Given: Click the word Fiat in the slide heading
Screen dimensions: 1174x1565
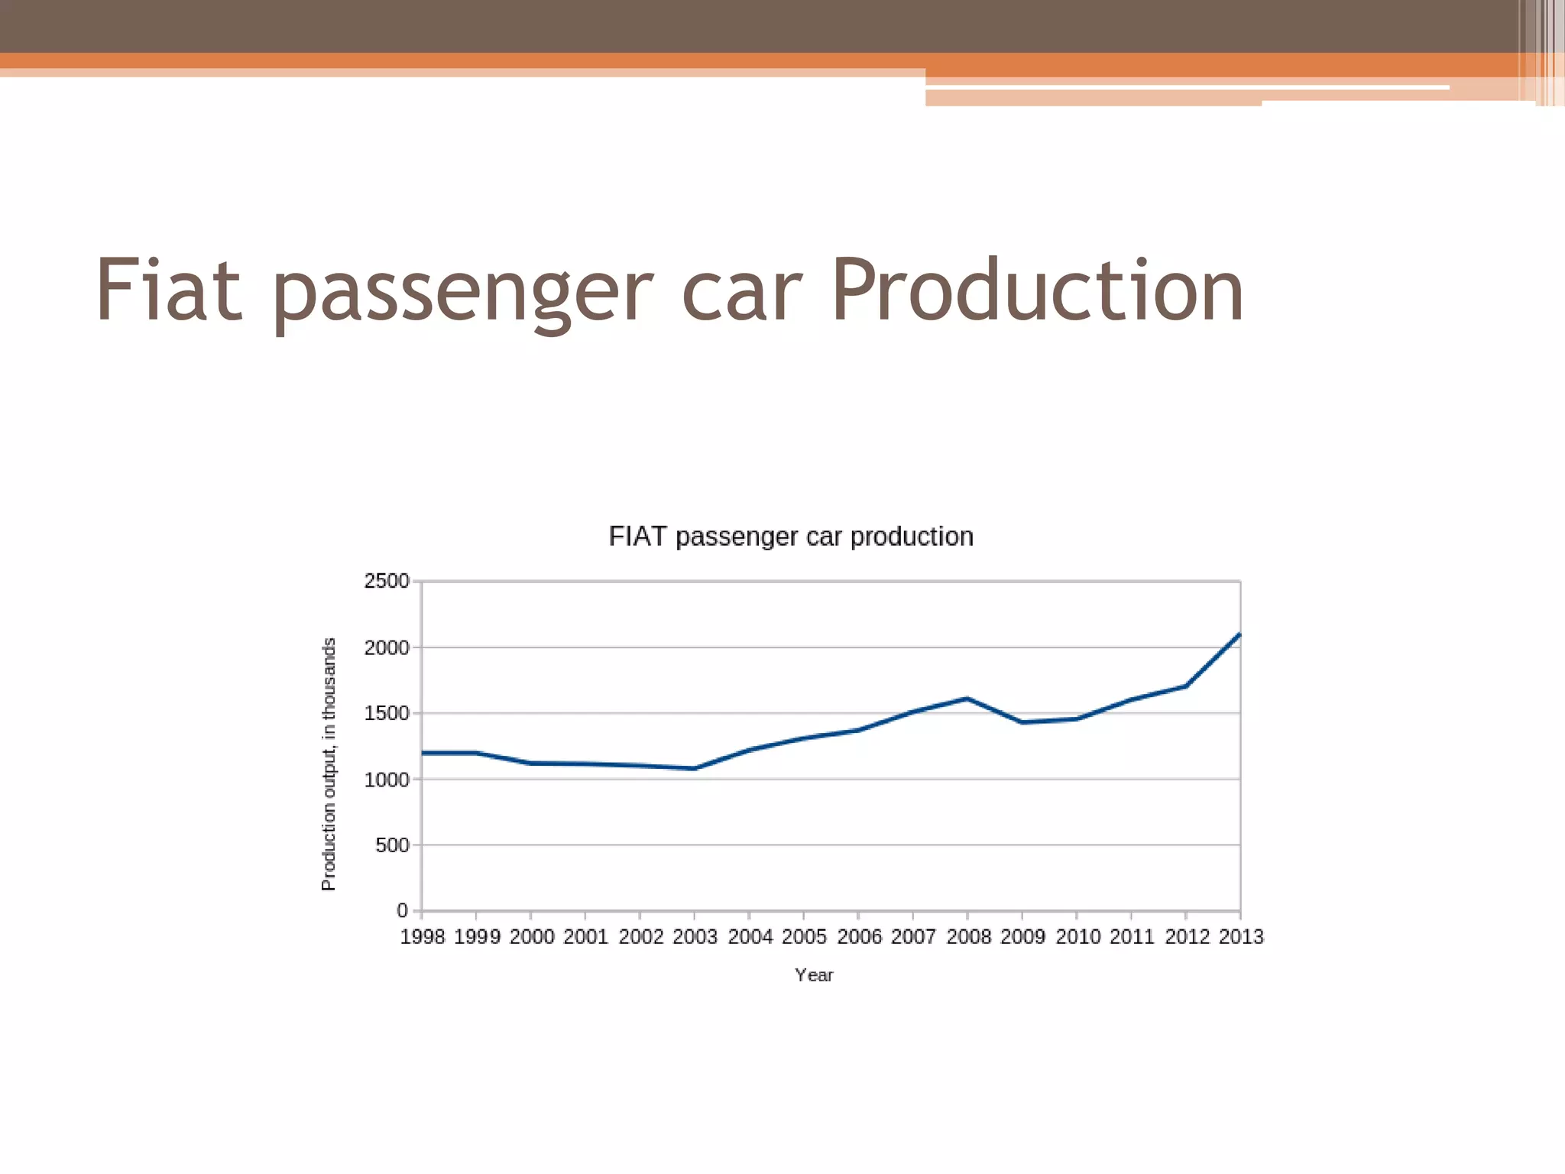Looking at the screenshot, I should click(x=169, y=290).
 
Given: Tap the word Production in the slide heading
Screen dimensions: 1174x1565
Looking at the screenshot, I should click(x=1037, y=290).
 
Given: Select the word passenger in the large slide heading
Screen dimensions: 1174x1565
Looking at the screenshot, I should click(x=462, y=294).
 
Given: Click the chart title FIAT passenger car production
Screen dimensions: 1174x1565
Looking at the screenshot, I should click(x=791, y=537).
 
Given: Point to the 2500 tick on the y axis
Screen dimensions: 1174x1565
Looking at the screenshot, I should click(x=387, y=582).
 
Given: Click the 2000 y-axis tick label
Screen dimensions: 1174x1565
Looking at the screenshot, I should click(x=387, y=647).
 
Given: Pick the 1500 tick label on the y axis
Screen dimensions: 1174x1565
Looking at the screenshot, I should click(x=387, y=713).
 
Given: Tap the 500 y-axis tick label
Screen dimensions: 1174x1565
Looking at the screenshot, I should click(x=392, y=845).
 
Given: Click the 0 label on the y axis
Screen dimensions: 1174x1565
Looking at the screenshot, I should click(x=402, y=910).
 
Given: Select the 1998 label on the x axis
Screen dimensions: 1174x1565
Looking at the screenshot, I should click(x=423, y=937).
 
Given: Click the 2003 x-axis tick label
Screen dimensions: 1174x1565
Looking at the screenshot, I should click(x=695, y=937).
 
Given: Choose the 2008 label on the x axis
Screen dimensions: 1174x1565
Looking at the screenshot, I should click(x=968, y=937).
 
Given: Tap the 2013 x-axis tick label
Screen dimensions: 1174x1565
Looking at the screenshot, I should click(x=1241, y=937).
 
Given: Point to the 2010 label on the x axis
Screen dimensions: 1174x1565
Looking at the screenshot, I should click(x=1077, y=937).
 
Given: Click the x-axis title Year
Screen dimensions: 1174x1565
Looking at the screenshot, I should click(x=814, y=975).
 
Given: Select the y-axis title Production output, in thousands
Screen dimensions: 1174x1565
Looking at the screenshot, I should click(x=329, y=764).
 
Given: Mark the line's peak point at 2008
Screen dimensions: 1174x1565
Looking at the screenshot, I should click(x=967, y=698).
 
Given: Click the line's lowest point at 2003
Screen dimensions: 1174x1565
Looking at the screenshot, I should click(x=694, y=768).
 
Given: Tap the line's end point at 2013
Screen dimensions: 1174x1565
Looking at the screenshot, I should click(x=1239, y=634).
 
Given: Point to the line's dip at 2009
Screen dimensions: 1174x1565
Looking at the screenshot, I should click(x=1022, y=722).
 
